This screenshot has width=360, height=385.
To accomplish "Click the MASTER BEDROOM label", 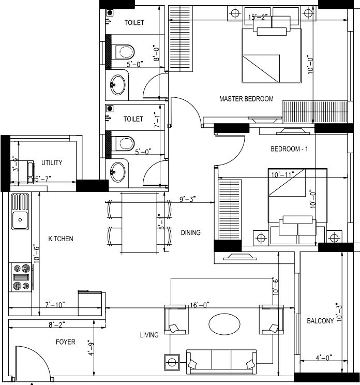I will coord(246,99).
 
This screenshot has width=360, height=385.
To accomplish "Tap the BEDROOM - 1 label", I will coord(289,149).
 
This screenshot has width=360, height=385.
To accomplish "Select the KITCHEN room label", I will coord(61,239).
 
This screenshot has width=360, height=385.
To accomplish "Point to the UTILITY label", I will coord(52,162).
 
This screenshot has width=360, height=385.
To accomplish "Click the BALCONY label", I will coord(320,321).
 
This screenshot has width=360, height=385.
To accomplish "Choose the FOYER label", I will coord(66,342).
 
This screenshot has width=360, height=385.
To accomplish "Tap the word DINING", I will coord(190,233).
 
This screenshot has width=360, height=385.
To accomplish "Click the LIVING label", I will coord(149,335).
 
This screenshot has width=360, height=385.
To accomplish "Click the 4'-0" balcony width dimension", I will coord(323,357).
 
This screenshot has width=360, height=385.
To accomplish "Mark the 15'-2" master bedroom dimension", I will coord(258,17).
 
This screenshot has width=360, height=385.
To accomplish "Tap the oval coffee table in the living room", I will coord(224,324).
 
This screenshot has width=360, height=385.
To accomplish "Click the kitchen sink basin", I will coord(20,220).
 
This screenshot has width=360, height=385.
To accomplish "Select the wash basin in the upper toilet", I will coord(118,85).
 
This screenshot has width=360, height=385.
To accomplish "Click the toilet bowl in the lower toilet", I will coord(124,141).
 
